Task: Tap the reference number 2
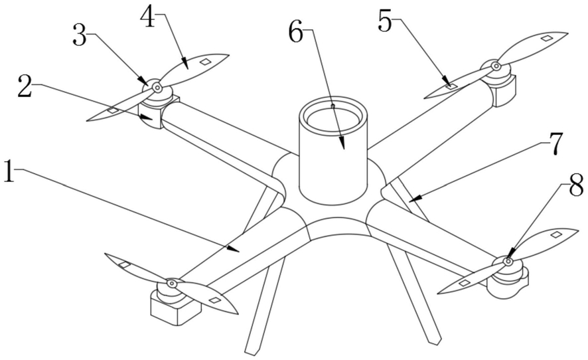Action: pos(25,86)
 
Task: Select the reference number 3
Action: pos(80,35)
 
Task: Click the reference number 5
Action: pos(386,21)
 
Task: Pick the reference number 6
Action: pos(296,30)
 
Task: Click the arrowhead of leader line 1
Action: pos(234,249)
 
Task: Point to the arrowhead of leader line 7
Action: pos(414,199)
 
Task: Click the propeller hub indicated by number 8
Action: pos(508,261)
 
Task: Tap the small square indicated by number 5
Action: pos(451,86)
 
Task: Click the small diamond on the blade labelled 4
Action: pos(205,62)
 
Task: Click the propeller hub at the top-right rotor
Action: pos(496,66)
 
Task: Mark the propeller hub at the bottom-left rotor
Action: pos(171,283)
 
